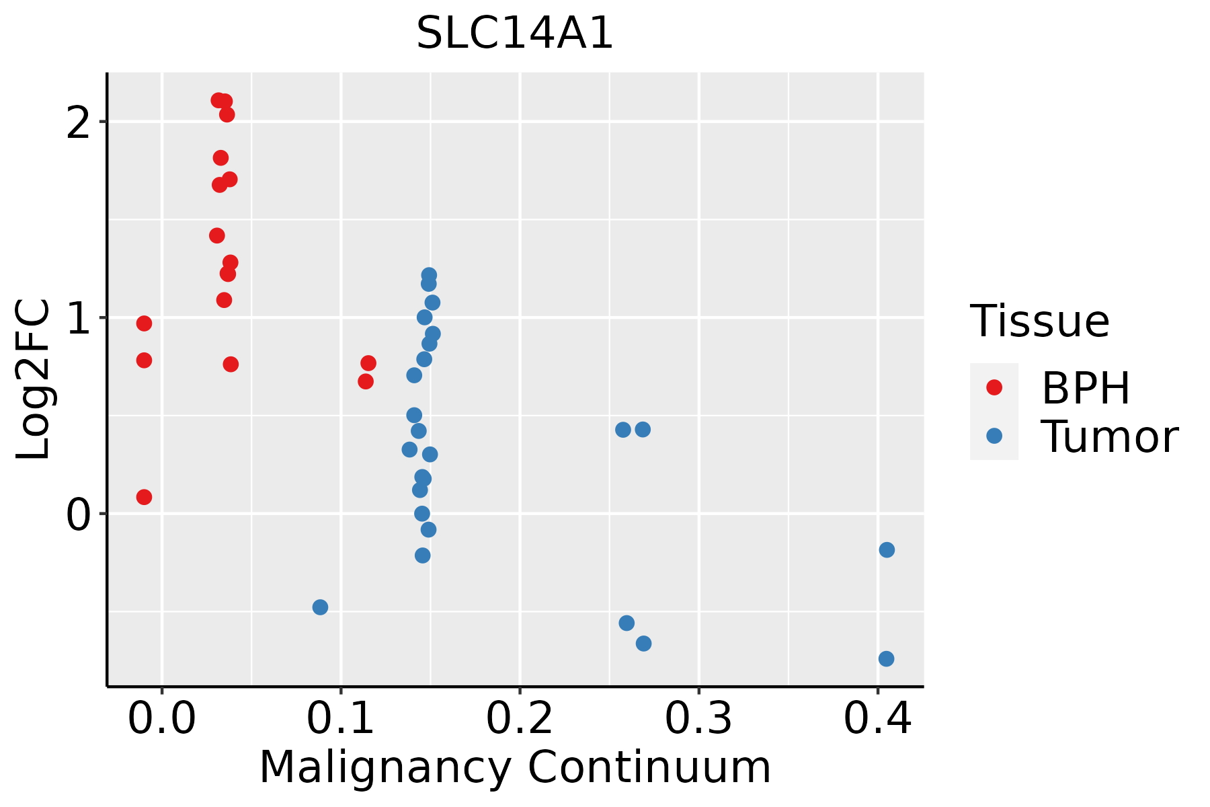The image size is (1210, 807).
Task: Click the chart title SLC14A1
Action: (515, 34)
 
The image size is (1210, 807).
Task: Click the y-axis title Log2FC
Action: (34, 379)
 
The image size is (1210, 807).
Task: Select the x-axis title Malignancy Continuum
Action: (515, 767)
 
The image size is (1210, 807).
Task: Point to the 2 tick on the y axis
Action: (83, 122)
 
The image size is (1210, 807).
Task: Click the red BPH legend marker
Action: (994, 387)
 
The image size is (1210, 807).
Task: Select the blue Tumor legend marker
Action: (994, 436)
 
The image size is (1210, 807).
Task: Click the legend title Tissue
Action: (1040, 321)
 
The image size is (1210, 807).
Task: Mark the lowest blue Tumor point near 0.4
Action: (886, 658)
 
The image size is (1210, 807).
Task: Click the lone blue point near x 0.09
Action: (320, 607)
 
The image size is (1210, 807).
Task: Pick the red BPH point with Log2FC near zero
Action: (144, 497)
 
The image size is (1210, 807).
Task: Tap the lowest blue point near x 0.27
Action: (643, 644)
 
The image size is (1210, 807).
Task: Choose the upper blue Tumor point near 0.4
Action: (887, 550)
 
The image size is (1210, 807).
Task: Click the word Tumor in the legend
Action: (1109, 437)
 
